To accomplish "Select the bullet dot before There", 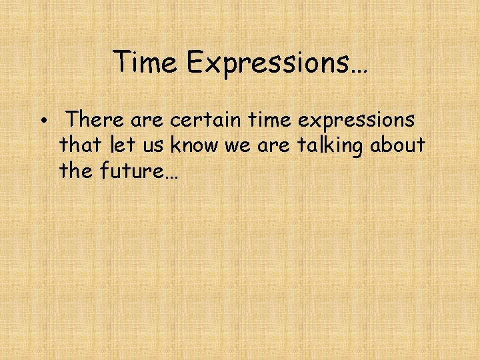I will (42, 122).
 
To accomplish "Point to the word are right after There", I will (151, 121).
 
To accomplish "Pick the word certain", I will (206, 120).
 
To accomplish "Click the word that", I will (79, 145).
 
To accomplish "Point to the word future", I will (131, 171).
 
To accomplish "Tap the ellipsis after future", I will (170, 175).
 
